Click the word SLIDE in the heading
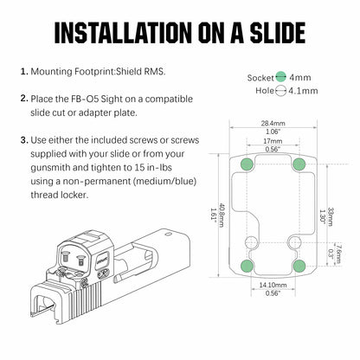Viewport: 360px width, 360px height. tap(278, 32)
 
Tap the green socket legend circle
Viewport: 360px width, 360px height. tap(280, 77)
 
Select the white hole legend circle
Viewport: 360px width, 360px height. tap(280, 91)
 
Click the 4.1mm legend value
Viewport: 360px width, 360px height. tap(303, 91)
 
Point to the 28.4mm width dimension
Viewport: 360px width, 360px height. tap(273, 124)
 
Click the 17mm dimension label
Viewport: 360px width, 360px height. tap(273, 141)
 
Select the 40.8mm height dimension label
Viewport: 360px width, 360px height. tap(222, 215)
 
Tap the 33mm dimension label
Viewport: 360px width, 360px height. tap(330, 216)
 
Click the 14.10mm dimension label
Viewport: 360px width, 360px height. tap(273, 285)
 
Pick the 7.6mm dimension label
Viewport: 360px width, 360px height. tap(338, 254)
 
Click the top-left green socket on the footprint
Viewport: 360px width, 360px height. tap(247, 164)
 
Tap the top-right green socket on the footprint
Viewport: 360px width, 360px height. tap(299, 164)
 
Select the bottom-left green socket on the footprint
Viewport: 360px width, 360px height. tap(247, 266)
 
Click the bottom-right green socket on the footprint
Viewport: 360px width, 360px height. tap(299, 266)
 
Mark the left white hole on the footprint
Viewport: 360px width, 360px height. tap(251, 242)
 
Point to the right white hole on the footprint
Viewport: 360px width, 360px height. tap(294, 241)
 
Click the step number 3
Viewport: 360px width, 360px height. tap(24, 140)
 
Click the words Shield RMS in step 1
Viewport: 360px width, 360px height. tap(140, 71)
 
